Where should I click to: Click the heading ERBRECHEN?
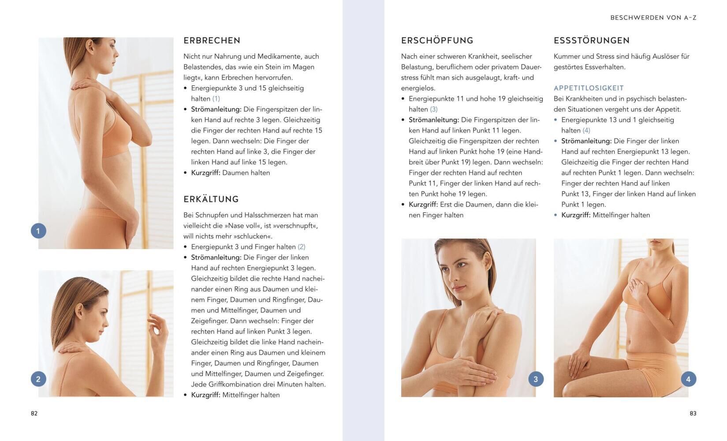(x=212, y=41)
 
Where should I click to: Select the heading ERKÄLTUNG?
(x=211, y=199)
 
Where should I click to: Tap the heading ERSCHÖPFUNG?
(x=437, y=40)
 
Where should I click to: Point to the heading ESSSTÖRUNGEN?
(x=592, y=40)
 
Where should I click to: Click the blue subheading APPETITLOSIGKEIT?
(x=589, y=88)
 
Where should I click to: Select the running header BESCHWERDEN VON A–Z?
(x=653, y=18)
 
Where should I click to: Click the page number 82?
(x=34, y=413)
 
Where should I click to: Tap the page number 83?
(x=693, y=413)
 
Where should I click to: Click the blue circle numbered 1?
(x=38, y=231)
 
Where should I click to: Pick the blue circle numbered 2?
(x=38, y=379)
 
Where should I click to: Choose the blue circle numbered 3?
(x=536, y=379)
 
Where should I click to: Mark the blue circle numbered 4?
(x=688, y=379)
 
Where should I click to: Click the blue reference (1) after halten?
(x=216, y=99)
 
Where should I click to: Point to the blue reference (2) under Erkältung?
(x=302, y=247)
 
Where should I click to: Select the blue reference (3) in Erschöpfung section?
(x=434, y=109)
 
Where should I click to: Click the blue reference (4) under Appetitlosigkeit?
(x=586, y=131)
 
